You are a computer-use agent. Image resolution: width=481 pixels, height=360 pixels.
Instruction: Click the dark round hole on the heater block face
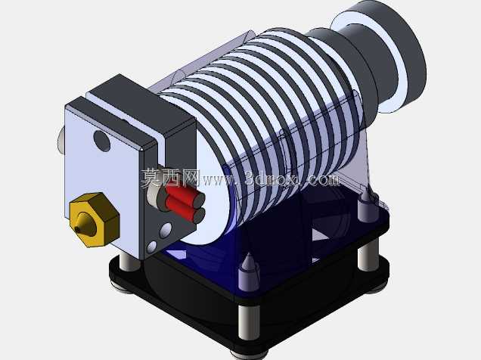(x=102, y=141)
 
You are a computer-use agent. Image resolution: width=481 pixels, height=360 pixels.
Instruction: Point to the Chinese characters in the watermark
(x=170, y=178)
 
